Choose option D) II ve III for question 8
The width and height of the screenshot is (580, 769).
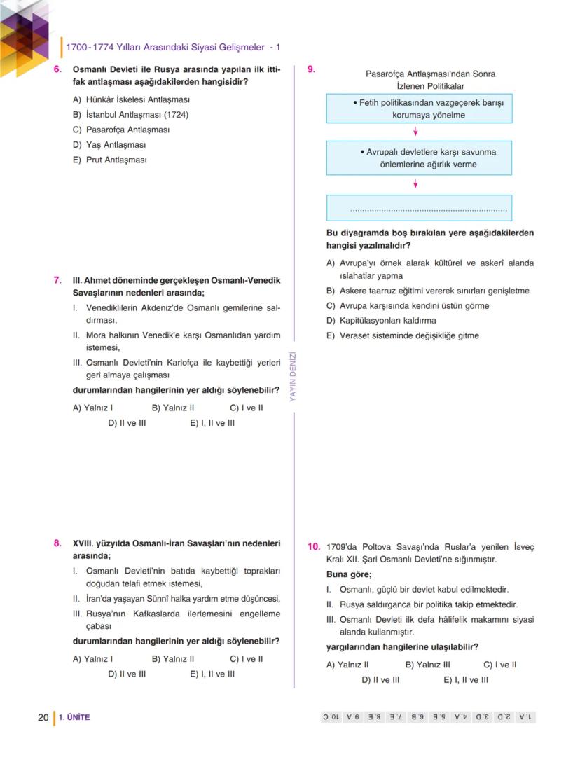(x=127, y=674)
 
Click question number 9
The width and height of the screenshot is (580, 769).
(x=311, y=69)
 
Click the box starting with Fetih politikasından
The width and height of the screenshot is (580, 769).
(x=419, y=109)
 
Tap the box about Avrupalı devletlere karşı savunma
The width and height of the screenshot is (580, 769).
(x=419, y=158)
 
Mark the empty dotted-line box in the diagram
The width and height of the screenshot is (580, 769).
(x=419, y=208)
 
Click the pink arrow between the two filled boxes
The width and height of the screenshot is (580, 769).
(x=416, y=132)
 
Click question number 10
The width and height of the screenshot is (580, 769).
(x=314, y=546)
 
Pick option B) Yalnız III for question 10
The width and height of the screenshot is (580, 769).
(x=427, y=665)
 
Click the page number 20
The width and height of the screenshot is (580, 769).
(x=43, y=717)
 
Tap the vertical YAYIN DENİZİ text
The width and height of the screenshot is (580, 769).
(x=294, y=376)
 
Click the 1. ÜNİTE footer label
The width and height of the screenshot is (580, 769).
(x=74, y=717)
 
